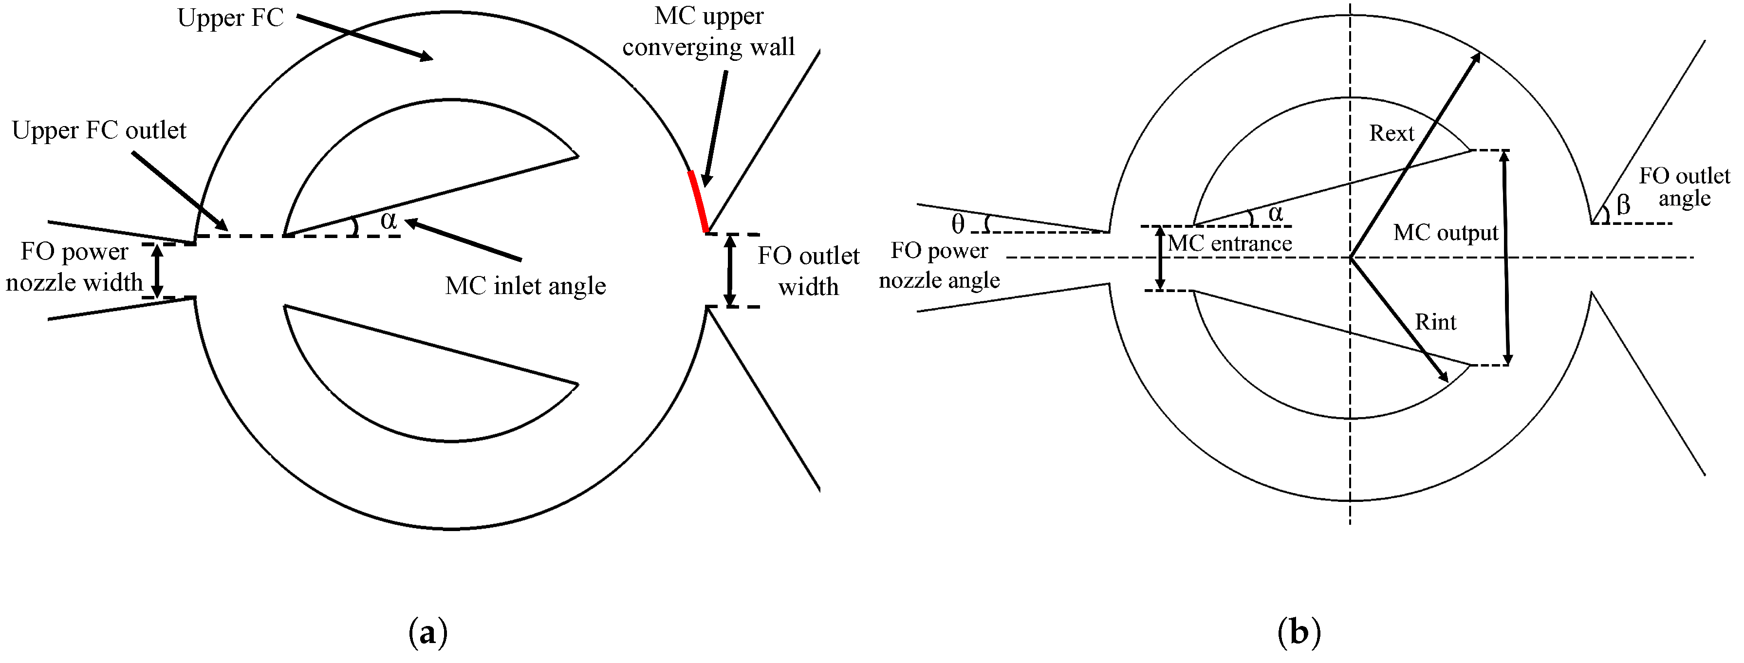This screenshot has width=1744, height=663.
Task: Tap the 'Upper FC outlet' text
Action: click(99, 130)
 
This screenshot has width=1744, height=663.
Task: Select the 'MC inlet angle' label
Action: click(525, 286)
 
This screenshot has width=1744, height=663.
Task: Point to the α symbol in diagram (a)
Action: click(388, 220)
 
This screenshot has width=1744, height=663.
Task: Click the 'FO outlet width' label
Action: click(808, 271)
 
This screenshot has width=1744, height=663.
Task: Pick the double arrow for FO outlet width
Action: click(730, 270)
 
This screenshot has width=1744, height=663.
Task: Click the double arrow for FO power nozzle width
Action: click(157, 270)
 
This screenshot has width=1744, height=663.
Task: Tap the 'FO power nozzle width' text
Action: click(74, 267)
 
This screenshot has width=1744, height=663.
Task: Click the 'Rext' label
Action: click(1391, 133)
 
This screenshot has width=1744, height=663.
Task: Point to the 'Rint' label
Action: click(1435, 322)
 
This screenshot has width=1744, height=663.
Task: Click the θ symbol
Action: click(957, 224)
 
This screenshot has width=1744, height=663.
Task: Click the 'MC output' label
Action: click(1446, 233)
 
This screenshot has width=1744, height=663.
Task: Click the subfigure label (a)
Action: click(428, 633)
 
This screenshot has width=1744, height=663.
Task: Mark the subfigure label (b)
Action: click(1299, 633)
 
